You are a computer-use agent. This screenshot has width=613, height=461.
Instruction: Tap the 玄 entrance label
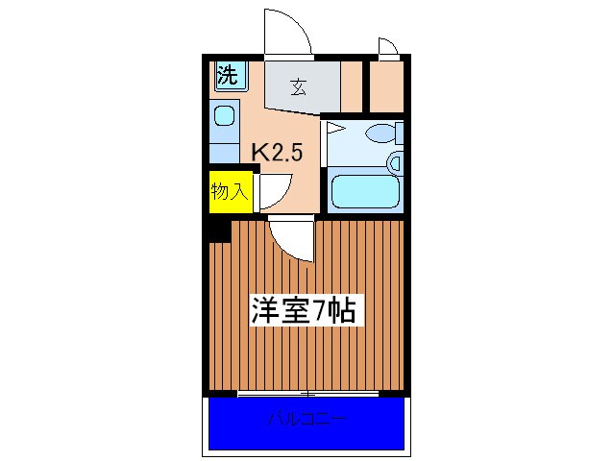click(299, 88)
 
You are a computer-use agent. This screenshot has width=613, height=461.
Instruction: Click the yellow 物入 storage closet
click(230, 191)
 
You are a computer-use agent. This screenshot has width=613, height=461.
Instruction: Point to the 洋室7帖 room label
click(304, 310)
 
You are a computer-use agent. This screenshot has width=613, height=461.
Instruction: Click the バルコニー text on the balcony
click(306, 420)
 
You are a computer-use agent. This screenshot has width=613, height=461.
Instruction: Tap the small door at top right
click(388, 47)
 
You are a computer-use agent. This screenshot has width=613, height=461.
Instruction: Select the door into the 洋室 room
click(291, 238)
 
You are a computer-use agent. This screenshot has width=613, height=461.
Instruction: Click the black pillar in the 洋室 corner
click(217, 230)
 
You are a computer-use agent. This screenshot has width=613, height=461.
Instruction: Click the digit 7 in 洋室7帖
click(325, 310)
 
